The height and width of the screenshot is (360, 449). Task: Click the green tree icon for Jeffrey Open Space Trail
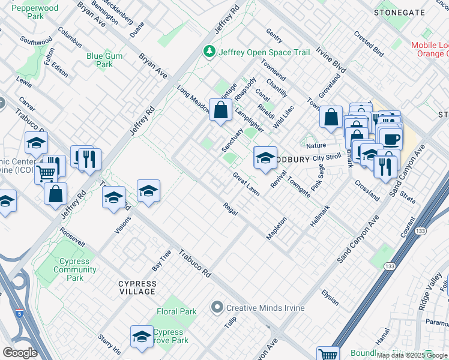(209, 52)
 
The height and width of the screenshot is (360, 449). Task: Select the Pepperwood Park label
(35, 13)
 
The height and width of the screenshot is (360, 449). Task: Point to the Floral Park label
(176, 312)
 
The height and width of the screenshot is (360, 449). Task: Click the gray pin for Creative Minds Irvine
(217, 308)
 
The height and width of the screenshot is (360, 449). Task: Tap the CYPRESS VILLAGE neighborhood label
(137, 287)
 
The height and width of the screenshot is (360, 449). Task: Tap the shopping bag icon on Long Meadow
(221, 110)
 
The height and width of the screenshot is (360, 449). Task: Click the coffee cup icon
(391, 140)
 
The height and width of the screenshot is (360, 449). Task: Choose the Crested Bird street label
(369, 46)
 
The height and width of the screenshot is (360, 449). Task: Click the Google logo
(20, 352)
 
